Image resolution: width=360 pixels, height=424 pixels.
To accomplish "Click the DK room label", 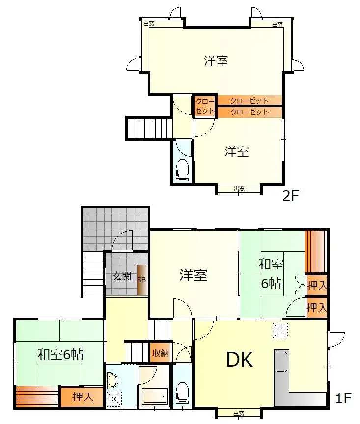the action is pyautogui.click(x=240, y=360).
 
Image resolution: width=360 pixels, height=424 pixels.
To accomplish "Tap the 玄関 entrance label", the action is pyautogui.click(x=122, y=276).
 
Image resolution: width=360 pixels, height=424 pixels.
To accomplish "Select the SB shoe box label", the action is pyautogui.click(x=141, y=280).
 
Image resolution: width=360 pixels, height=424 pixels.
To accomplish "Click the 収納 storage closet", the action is pyautogui.click(x=160, y=353).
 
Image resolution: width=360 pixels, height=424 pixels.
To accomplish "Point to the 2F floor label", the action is pyautogui.click(x=290, y=195).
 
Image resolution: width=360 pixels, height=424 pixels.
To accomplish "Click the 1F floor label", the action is pyautogui.click(x=343, y=398).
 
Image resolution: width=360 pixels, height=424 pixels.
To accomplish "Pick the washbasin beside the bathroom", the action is pyautogui.click(x=113, y=380).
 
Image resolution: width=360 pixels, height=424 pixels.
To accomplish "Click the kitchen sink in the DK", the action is pyautogui.click(x=281, y=362).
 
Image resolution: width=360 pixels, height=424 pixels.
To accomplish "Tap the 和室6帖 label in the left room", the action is pyautogui.click(x=60, y=354).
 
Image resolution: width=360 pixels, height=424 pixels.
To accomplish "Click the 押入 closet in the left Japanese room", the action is pyautogui.click(x=82, y=397).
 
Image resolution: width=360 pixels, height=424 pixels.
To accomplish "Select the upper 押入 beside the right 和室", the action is pyautogui.click(x=317, y=285).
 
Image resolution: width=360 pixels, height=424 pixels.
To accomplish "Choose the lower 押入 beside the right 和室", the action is pyautogui.click(x=317, y=308).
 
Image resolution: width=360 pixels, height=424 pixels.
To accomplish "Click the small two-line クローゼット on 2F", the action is pyautogui.click(x=205, y=106).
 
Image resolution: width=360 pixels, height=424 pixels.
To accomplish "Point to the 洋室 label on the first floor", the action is pyautogui.click(x=194, y=275).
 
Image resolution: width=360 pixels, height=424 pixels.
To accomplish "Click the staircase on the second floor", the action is pyautogui.click(x=150, y=128).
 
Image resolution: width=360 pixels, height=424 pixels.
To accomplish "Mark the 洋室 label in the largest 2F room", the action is pyautogui.click(x=216, y=61).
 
